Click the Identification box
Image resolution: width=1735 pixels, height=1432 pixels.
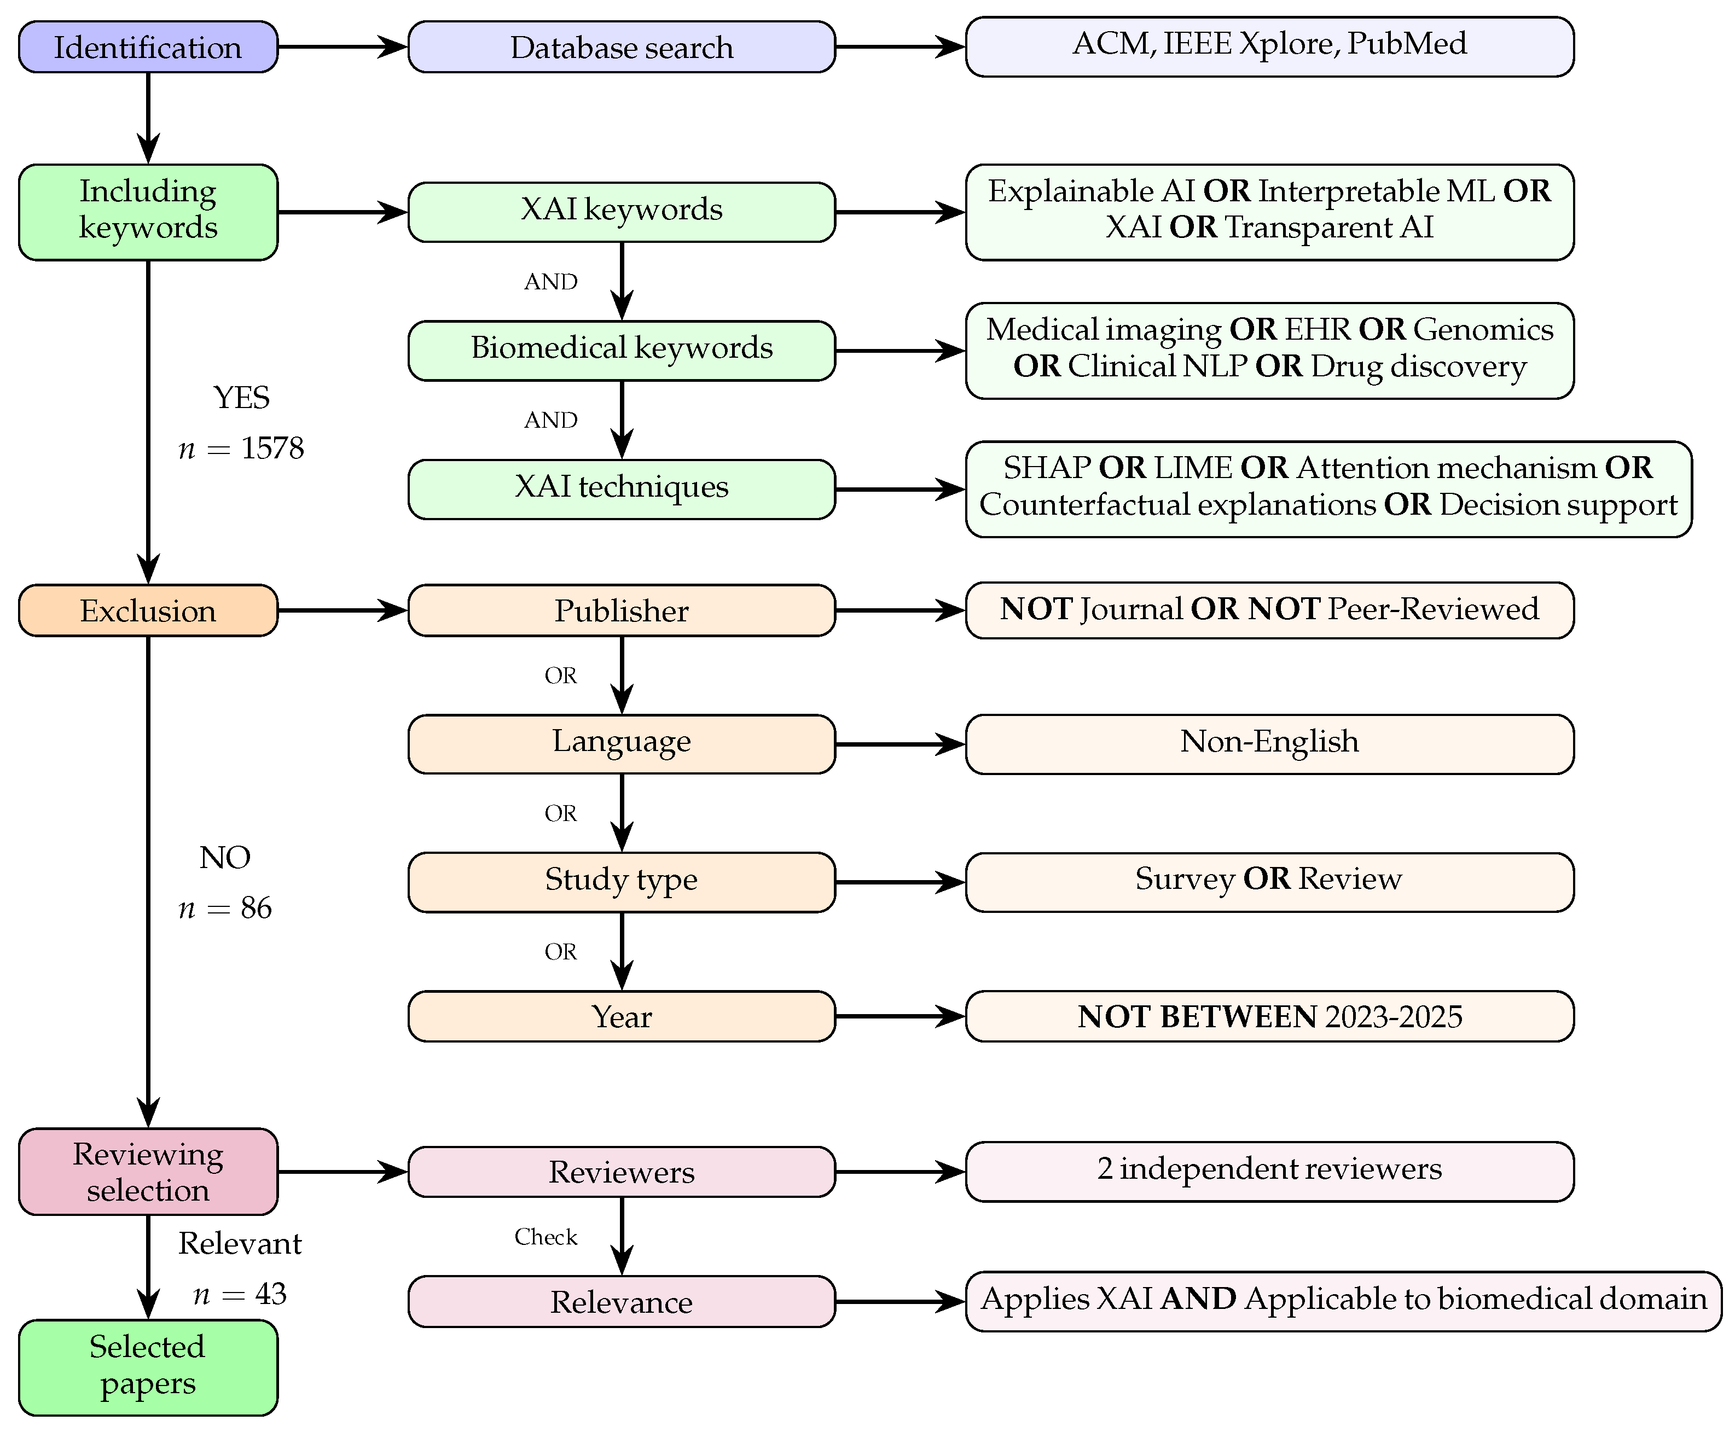[148, 47]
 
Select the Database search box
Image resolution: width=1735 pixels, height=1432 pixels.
[620, 47]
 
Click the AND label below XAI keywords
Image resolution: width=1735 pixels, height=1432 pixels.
[550, 282]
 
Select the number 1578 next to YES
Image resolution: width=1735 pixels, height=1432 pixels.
[272, 448]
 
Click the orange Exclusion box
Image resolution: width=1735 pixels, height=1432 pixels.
[148, 610]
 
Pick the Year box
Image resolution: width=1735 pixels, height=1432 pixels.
[620, 1016]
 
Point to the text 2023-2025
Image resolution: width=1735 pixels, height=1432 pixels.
[1394, 1016]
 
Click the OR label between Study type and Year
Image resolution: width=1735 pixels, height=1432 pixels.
[560, 952]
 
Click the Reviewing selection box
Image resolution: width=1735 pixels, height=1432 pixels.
[148, 1171]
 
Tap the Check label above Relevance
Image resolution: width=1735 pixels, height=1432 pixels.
[546, 1237]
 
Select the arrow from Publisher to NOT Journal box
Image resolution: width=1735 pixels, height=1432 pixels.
[900, 610]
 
